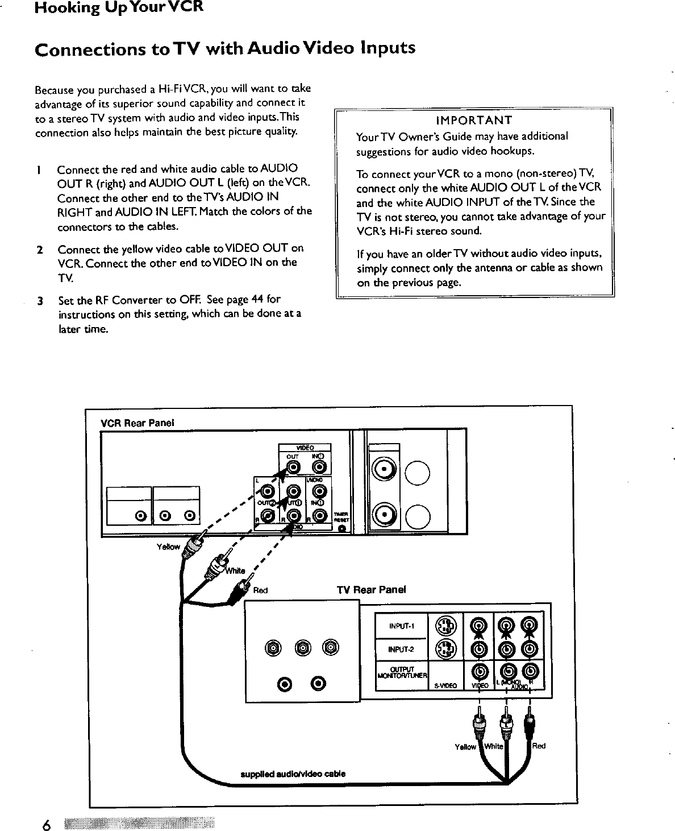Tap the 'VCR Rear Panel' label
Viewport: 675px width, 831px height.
137,423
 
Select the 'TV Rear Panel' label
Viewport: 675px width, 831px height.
372,589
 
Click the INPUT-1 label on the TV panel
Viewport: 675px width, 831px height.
401,627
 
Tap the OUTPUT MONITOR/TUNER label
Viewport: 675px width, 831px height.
401,671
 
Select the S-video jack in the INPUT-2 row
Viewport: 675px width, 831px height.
445,648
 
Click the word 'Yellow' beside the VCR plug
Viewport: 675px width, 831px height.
168,547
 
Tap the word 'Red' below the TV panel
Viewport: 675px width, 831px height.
539,746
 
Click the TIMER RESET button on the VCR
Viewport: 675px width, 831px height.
341,529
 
